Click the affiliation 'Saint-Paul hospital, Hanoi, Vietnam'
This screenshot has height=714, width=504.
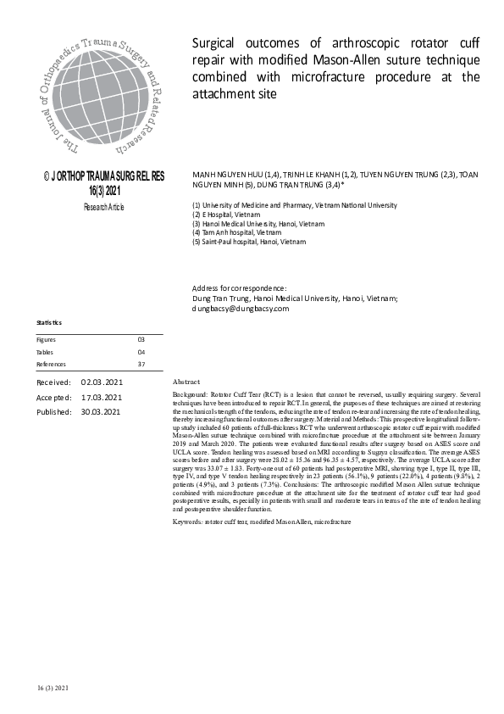pyautogui.click(x=255, y=241)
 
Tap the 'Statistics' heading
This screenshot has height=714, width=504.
pyautogui.click(x=49, y=323)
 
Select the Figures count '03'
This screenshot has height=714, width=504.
pyautogui.click(x=141, y=339)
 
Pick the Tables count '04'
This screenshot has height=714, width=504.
pyautogui.click(x=141, y=351)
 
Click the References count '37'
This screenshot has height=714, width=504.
pyautogui.click(x=141, y=364)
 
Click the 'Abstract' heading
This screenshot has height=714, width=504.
pyautogui.click(x=186, y=382)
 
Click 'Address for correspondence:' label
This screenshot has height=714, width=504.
pyautogui.click(x=240, y=289)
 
